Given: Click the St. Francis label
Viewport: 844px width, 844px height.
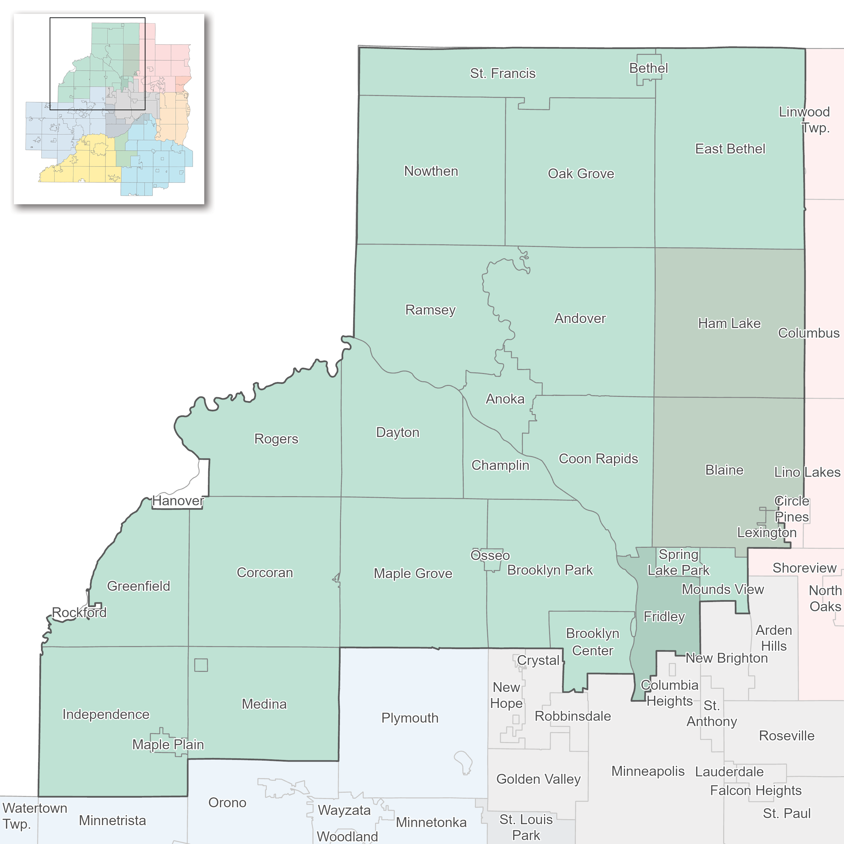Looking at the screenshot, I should click(x=502, y=73).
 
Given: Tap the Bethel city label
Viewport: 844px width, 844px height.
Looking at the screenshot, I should click(x=648, y=68).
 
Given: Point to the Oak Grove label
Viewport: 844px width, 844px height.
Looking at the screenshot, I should click(x=581, y=173).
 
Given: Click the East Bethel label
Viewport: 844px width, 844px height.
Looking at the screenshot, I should click(x=730, y=149).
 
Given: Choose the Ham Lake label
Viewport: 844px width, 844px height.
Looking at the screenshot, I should click(x=729, y=323).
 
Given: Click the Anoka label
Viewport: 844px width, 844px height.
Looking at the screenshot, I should click(x=505, y=399).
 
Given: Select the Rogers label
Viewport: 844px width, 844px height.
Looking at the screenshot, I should click(x=276, y=439).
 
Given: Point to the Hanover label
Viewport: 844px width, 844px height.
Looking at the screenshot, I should click(x=178, y=501).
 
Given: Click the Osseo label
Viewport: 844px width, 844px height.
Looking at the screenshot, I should click(x=490, y=555).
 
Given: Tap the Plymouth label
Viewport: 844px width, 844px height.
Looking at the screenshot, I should click(x=409, y=718).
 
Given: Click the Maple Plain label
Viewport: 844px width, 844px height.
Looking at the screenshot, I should click(x=168, y=744).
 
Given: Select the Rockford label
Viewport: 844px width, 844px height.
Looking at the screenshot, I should click(x=79, y=612).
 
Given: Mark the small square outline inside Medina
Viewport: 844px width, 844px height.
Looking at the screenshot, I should click(x=201, y=665).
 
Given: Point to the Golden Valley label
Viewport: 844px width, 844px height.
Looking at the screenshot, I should click(x=538, y=779).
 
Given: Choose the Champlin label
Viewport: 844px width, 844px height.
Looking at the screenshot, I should click(x=500, y=465).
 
